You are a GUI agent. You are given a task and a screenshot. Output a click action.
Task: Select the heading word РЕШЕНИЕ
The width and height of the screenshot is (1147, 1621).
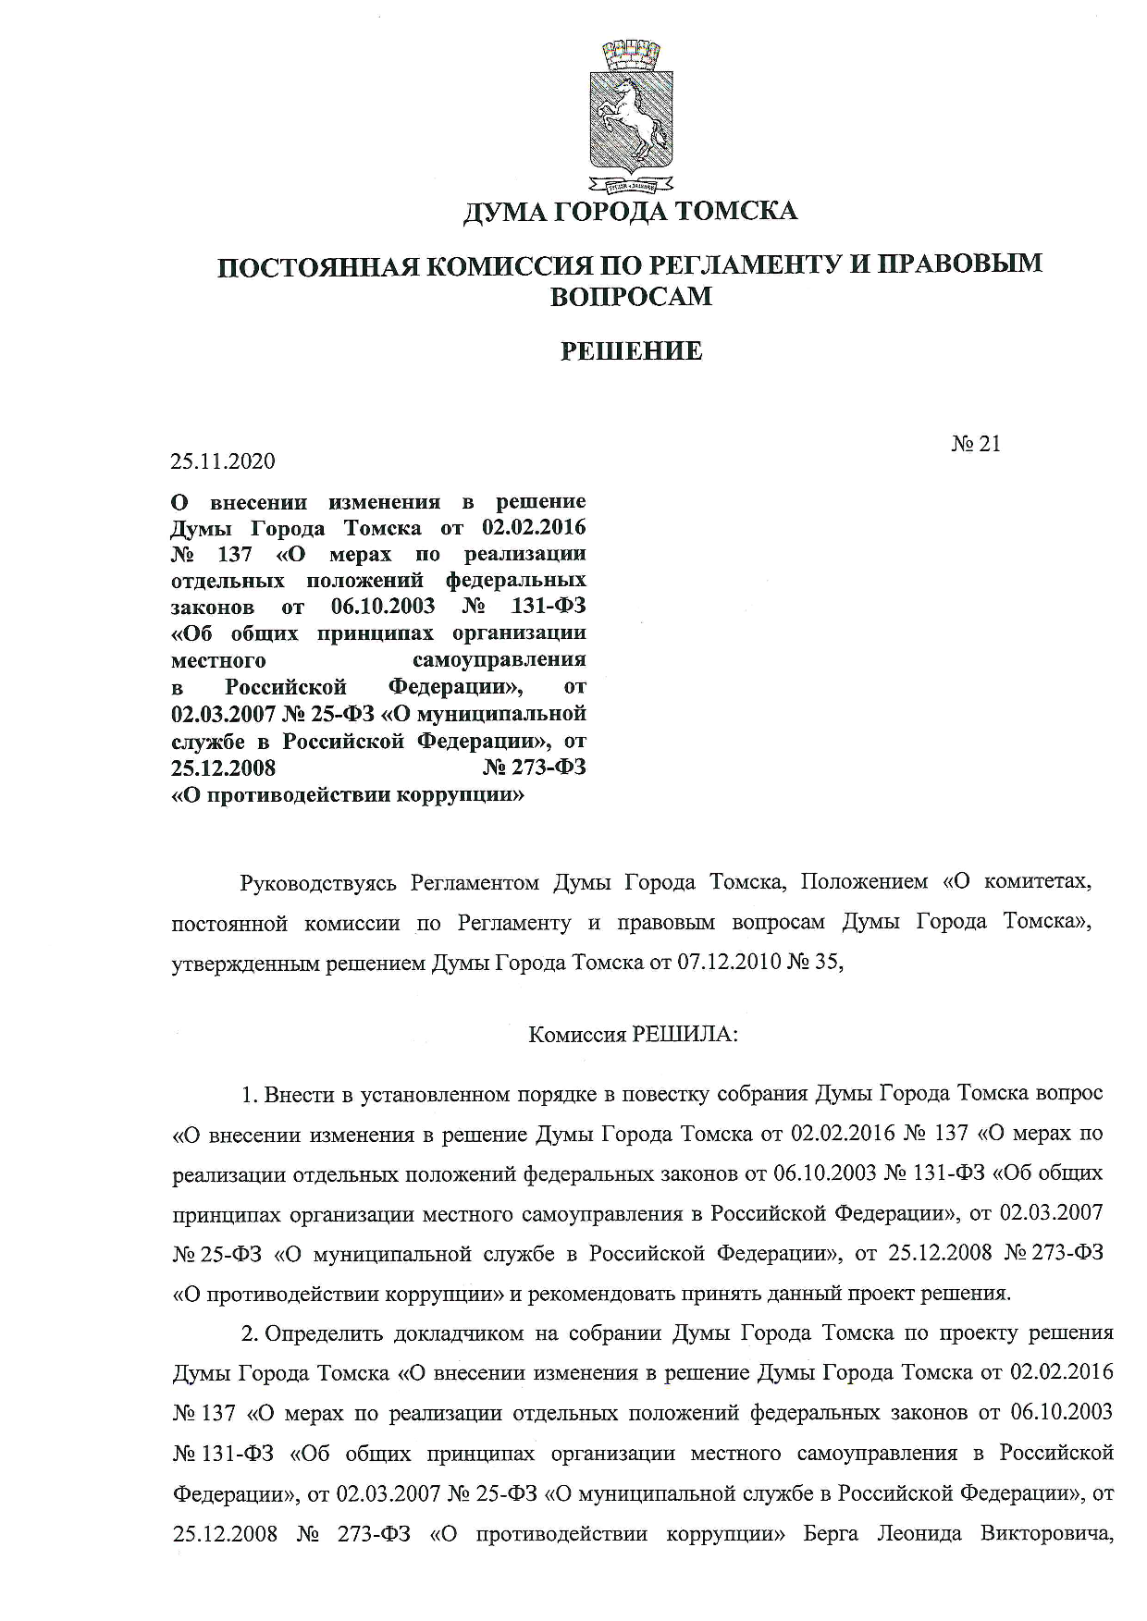[633, 351]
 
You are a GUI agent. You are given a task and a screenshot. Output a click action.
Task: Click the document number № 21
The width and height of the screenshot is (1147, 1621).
[975, 444]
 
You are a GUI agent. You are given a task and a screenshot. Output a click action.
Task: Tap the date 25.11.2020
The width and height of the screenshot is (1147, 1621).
[223, 461]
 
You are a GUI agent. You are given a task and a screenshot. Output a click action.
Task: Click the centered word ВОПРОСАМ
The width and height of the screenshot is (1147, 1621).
[631, 297]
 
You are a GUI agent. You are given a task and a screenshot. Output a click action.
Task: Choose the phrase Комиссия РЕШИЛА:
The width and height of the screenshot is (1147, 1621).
[633, 1035]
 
